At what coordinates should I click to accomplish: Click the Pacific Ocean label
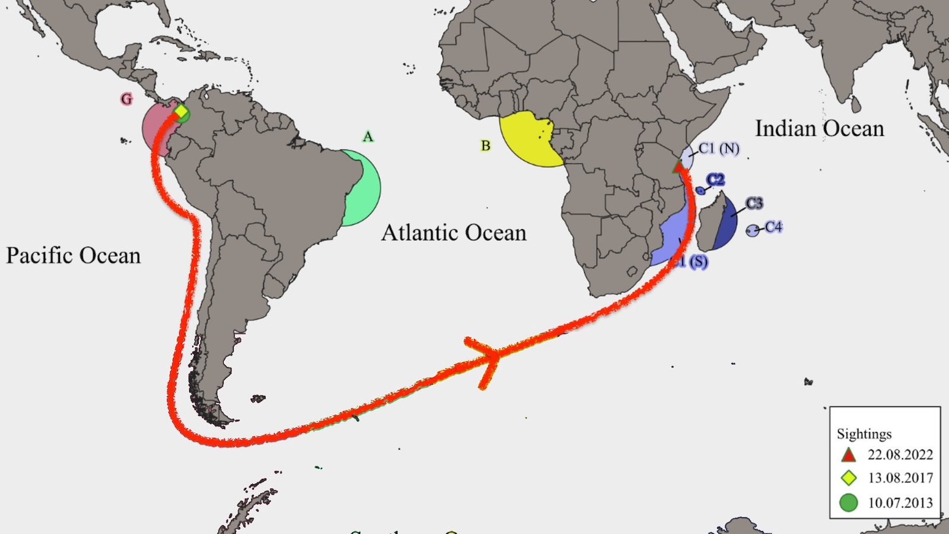pos(74,256)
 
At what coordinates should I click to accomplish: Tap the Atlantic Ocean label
pos(454,233)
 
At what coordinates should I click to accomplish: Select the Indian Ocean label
pos(819,129)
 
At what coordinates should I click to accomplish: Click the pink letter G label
pos(126,99)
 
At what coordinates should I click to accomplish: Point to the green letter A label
pos(368,137)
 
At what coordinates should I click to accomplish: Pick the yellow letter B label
pos(486,145)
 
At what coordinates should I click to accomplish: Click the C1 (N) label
pos(719,148)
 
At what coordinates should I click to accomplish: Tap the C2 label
pos(715,180)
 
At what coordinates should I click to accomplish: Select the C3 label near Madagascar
pos(754,204)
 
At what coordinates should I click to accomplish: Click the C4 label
pos(773,227)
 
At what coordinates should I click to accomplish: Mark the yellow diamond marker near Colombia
pos(181,112)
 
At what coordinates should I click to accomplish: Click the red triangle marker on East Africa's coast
pos(678,166)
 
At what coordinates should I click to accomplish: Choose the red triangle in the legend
pos(849,455)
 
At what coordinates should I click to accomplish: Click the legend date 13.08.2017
pos(900,478)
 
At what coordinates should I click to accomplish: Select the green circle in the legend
pos(849,503)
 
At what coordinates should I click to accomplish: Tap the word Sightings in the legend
pos(864,434)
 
